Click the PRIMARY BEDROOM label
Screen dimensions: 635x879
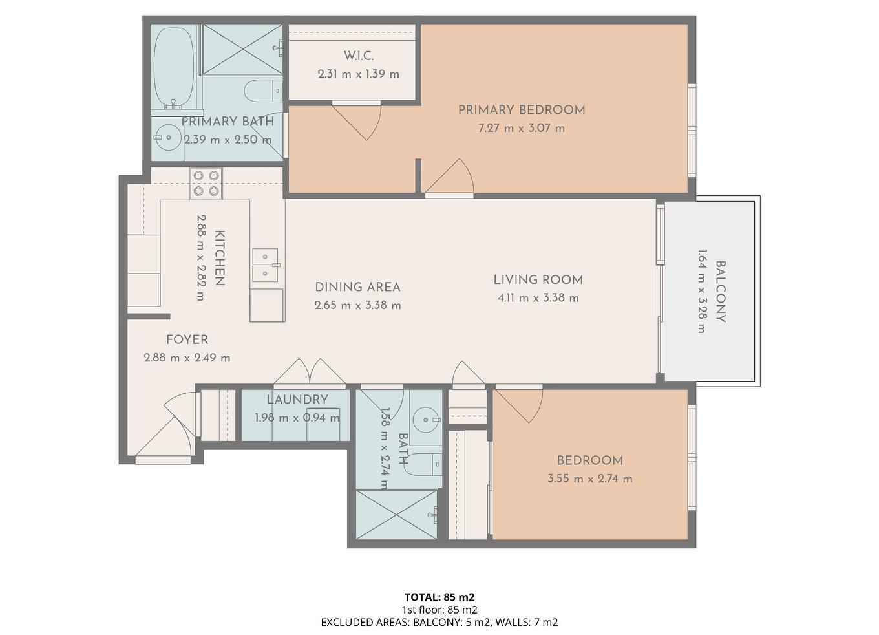(522, 110)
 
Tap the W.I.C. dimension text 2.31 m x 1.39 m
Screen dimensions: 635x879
(358, 74)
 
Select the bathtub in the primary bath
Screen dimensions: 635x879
(174, 67)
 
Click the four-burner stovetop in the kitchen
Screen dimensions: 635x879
(206, 184)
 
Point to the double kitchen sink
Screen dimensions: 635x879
(265, 265)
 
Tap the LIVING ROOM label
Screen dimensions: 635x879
(538, 280)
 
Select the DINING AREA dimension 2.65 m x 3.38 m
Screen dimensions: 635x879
(357, 305)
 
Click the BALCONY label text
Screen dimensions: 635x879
(720, 291)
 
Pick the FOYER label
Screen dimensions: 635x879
(187, 339)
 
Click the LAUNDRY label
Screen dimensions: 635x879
(297, 400)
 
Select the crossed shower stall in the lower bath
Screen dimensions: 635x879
(396, 514)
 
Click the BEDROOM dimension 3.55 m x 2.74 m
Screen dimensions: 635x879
(589, 479)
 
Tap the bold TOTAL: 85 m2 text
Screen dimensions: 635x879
(439, 597)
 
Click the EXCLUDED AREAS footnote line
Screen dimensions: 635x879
(439, 623)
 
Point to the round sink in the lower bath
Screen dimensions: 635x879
(425, 419)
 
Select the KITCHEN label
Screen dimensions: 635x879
(219, 258)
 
